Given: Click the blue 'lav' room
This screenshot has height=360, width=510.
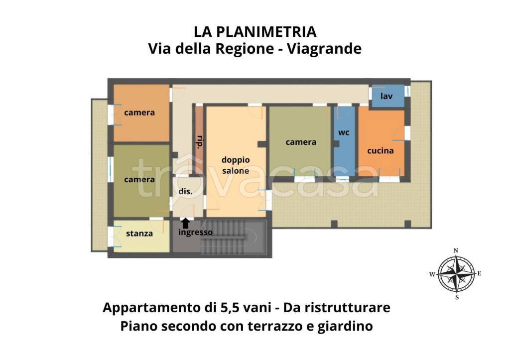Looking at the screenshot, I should [386, 96].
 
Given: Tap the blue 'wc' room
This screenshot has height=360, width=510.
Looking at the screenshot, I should [344, 139].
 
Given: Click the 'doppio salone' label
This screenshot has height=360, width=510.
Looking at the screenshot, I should [236, 165].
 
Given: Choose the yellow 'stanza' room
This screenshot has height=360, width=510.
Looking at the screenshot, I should [139, 235].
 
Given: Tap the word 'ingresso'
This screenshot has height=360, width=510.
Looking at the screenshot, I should [195, 233].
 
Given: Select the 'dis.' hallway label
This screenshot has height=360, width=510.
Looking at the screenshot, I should [186, 191].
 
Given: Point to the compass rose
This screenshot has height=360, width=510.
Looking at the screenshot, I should [456, 273].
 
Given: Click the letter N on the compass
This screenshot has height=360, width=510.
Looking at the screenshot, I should [456, 251].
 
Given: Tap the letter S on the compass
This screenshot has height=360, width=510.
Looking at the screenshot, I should [457, 297].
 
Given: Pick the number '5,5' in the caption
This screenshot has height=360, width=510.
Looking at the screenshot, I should [230, 307].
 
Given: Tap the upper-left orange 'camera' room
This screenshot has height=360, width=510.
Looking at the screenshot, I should [139, 113].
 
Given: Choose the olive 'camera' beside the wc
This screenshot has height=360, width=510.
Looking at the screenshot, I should [301, 142].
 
